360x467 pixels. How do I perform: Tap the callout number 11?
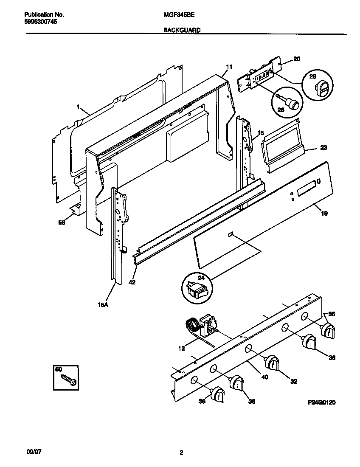pos(229,67)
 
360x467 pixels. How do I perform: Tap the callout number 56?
pos(62,222)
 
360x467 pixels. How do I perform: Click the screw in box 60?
pos(68,379)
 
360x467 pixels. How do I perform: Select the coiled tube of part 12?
pos(192,327)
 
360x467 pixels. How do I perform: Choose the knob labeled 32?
pos(271,364)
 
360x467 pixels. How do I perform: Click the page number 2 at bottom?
pos(181,453)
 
